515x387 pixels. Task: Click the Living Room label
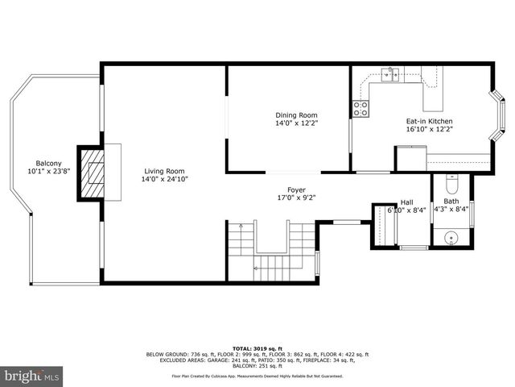tap(164, 170)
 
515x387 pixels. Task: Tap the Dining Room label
tap(291, 115)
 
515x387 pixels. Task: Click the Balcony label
tap(49, 162)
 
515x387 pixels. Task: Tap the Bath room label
tap(451, 202)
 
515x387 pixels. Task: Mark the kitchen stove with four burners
tap(360, 107)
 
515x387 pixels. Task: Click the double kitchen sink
tap(393, 74)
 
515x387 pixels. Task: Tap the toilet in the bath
tap(451, 181)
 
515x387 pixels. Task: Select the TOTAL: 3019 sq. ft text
tap(257, 346)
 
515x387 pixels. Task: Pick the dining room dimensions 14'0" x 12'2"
tap(291, 123)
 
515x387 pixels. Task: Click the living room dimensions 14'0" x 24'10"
tap(164, 179)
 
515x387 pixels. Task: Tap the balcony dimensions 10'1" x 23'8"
tap(49, 171)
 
